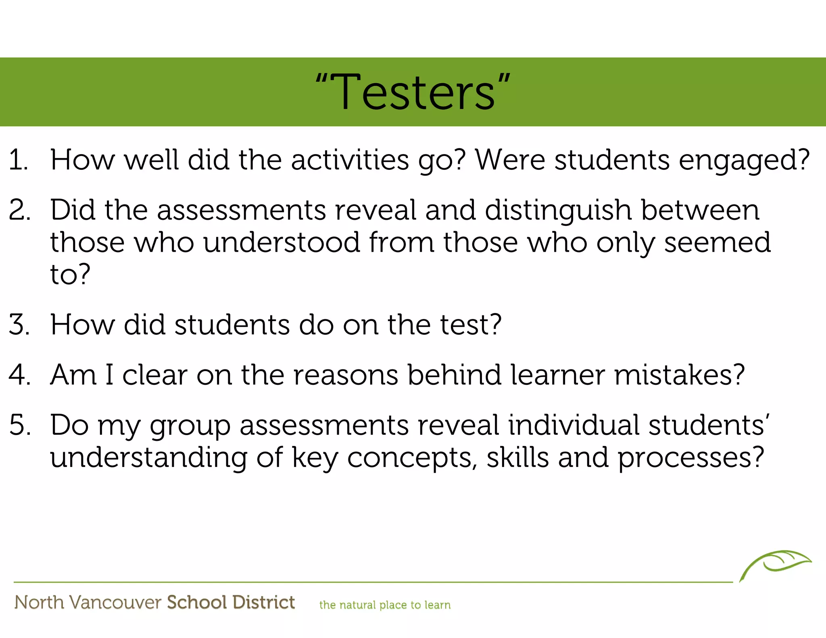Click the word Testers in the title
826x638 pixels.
413,93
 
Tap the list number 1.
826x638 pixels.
18,160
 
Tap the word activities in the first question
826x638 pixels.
350,160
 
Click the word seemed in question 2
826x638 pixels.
717,243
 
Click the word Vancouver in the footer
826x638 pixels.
115,603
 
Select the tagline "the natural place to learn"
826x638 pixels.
385,605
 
